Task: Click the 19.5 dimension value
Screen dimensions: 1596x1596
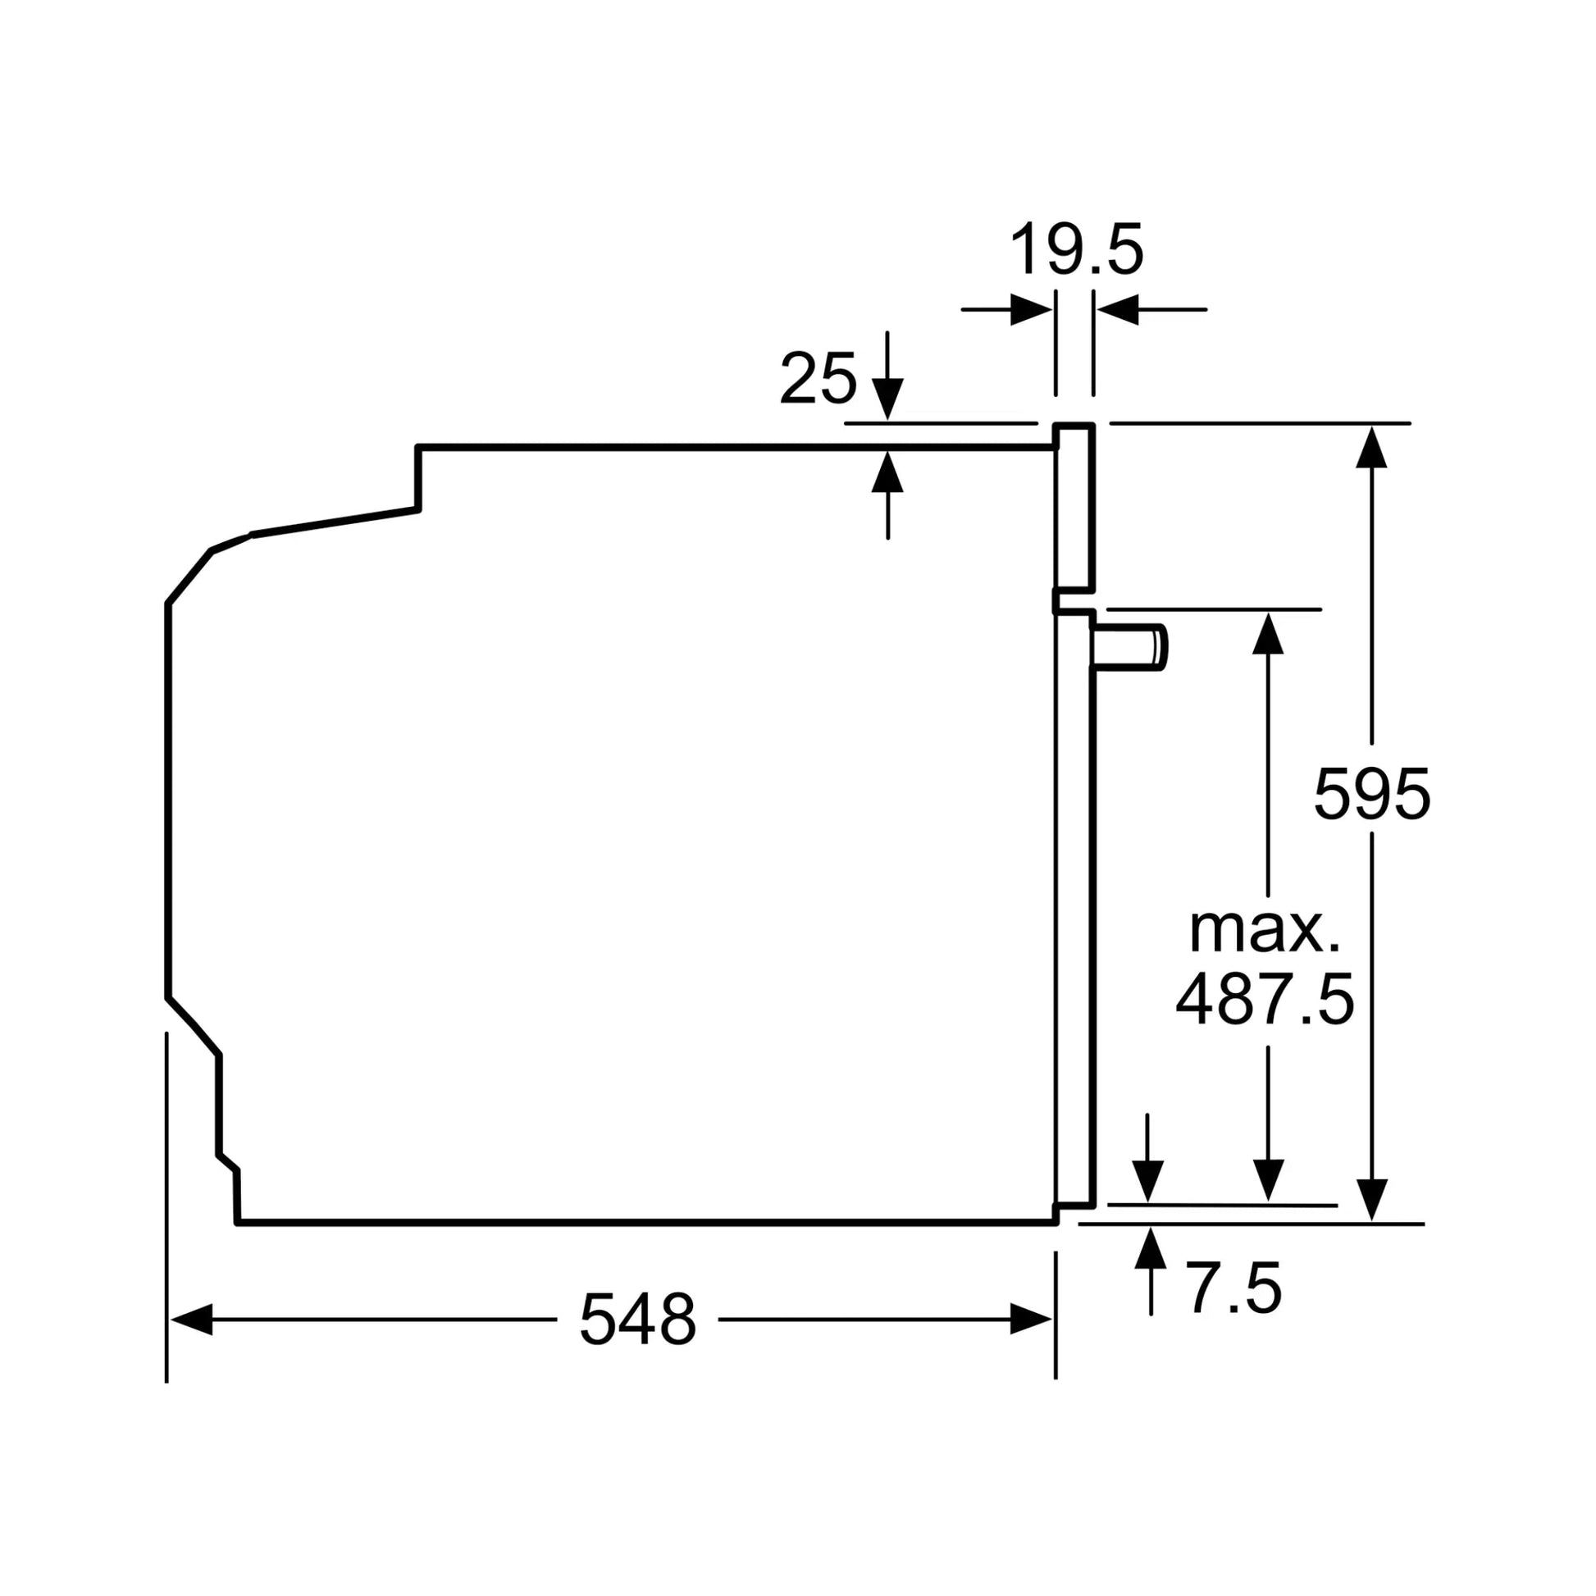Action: click(x=1076, y=249)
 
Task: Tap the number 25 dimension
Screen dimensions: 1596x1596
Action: click(x=817, y=379)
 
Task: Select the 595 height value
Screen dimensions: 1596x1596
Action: click(x=1370, y=794)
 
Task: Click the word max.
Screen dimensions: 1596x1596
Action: click(x=1265, y=931)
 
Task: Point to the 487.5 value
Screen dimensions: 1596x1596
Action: click(x=1265, y=1001)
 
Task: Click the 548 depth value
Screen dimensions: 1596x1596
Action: click(x=637, y=1320)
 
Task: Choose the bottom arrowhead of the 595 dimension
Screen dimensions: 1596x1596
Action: click(x=1371, y=1200)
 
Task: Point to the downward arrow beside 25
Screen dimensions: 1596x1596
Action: click(x=887, y=399)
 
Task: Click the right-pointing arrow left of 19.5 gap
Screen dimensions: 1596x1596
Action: click(x=1030, y=310)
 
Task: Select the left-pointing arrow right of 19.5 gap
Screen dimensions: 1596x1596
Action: click(x=1119, y=310)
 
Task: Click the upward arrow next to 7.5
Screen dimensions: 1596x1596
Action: click(x=1150, y=1248)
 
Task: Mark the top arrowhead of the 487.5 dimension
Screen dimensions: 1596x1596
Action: click(x=1268, y=634)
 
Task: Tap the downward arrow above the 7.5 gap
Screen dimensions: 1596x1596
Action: click(x=1147, y=1180)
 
